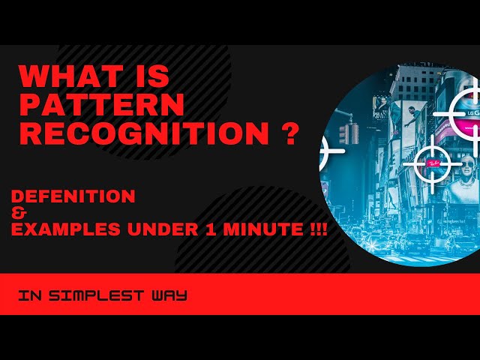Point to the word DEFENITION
click(x=73, y=196)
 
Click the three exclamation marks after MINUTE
click(x=316, y=230)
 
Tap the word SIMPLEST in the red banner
click(x=105, y=295)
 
